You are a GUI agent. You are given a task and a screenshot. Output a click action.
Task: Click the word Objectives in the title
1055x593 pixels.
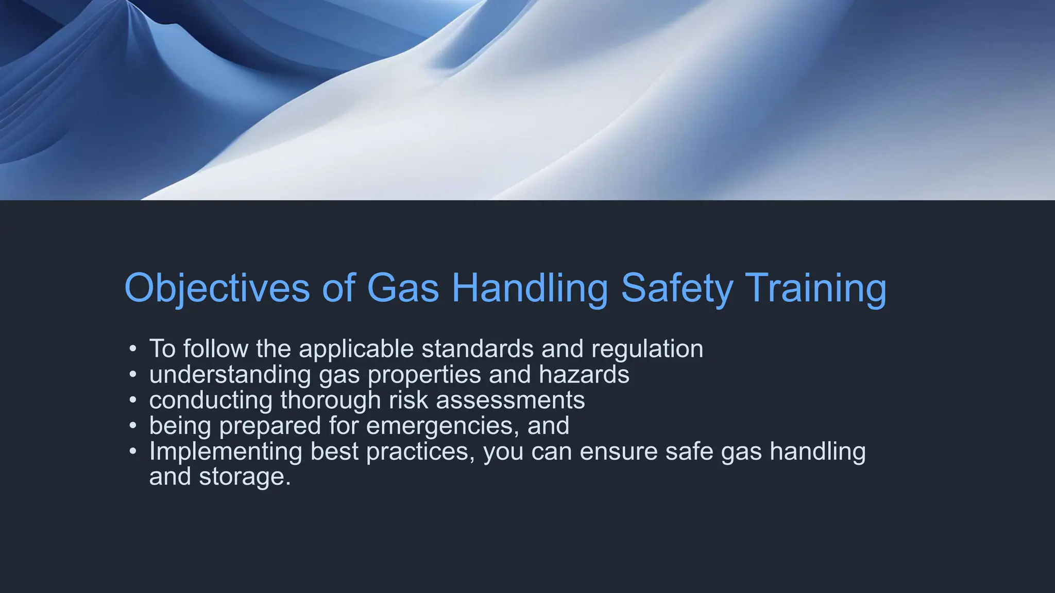pyautogui.click(x=217, y=288)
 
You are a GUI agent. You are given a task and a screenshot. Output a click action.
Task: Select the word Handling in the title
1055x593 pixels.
pyautogui.click(x=530, y=288)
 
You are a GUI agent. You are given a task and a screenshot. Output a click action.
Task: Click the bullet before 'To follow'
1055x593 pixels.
pyautogui.click(x=133, y=349)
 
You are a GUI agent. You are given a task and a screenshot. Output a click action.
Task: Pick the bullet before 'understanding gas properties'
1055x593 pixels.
pyautogui.click(x=133, y=374)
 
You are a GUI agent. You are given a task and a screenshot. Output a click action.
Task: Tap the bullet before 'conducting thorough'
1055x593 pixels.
pyautogui.click(x=133, y=400)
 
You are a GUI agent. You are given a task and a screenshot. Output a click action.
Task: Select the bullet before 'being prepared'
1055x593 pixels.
pyautogui.click(x=133, y=426)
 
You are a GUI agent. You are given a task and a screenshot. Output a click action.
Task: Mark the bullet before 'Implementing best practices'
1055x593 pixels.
pyautogui.click(x=133, y=451)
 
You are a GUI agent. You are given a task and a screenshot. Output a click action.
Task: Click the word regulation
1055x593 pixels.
pyautogui.click(x=647, y=349)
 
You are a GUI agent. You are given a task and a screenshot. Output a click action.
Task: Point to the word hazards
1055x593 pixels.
pyautogui.click(x=584, y=374)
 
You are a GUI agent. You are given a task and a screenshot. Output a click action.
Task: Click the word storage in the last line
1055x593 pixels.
pyautogui.click(x=245, y=477)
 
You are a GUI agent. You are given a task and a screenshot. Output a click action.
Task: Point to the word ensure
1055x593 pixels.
pyautogui.click(x=619, y=451)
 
